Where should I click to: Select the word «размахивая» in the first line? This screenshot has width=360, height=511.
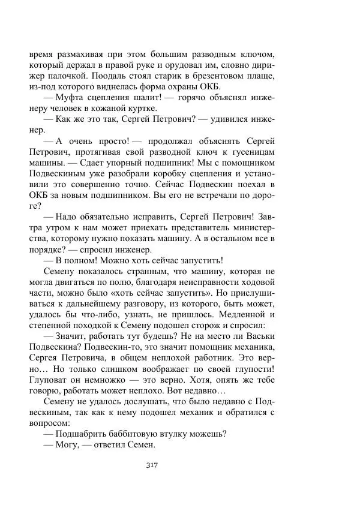(82, 54)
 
